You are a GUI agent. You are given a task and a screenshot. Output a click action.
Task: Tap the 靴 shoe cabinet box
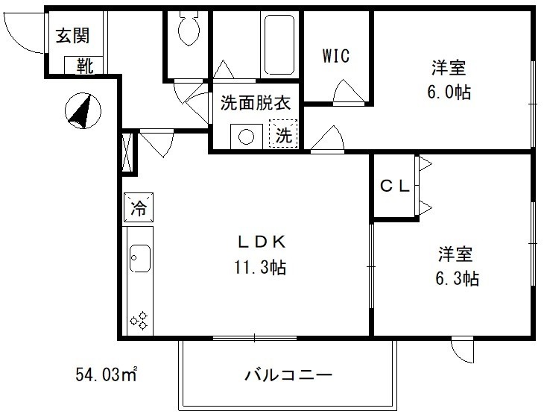click(83, 66)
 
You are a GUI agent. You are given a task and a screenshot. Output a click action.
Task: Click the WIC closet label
click(335, 55)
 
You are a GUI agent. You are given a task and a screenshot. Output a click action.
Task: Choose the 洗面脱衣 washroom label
click(254, 104)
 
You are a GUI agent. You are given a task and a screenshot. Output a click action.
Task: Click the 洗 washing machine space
click(284, 135)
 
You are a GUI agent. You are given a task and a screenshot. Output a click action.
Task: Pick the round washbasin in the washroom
click(244, 136)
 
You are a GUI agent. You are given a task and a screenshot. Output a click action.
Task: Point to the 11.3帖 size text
click(259, 266)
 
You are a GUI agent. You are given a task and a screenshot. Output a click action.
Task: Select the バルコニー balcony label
click(287, 374)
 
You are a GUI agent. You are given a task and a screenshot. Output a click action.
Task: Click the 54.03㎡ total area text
click(107, 372)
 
